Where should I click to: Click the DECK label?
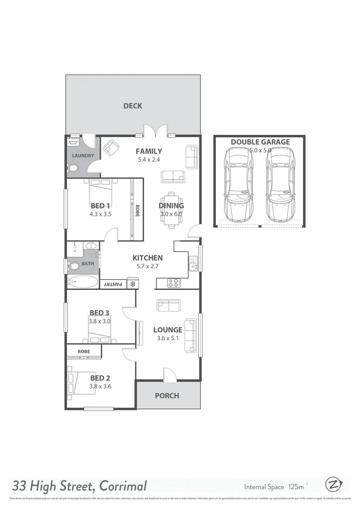pyautogui.click(x=132, y=106)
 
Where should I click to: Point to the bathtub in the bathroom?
pyautogui.click(x=82, y=282)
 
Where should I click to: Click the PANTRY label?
pyautogui.click(x=113, y=284)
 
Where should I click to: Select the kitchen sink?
pyautogui.click(x=193, y=265)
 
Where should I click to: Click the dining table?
pyautogui.click(x=171, y=209)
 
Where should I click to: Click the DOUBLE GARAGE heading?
pyautogui.click(x=260, y=142)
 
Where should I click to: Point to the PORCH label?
pyautogui.click(x=167, y=395)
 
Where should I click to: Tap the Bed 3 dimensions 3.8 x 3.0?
pyautogui.click(x=99, y=321)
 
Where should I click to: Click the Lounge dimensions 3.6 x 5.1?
pyautogui.click(x=167, y=338)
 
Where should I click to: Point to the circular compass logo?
pyautogui.click(x=333, y=484)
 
